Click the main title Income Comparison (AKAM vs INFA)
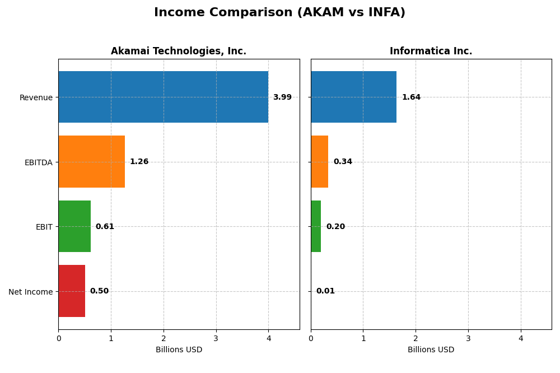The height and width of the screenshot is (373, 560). tap(279, 13)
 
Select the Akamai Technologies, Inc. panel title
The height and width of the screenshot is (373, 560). tap(178, 52)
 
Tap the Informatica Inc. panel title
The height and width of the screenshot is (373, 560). tap(431, 52)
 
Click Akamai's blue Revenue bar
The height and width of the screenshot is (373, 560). tap(163, 97)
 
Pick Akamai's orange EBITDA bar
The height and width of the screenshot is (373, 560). tap(91, 162)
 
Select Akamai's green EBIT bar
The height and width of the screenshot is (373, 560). tap(74, 226)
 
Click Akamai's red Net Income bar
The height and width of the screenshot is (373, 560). tap(72, 291)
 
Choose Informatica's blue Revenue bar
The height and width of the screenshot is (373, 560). tap(353, 97)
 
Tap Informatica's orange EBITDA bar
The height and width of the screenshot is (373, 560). tap(319, 162)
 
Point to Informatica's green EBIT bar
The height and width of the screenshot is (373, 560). tap(316, 226)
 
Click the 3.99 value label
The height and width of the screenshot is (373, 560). tap(282, 97)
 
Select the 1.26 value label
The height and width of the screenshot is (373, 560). tap(139, 162)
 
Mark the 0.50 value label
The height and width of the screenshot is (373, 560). tap(99, 291)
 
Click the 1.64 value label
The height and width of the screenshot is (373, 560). tap(411, 97)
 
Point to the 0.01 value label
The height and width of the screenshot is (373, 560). tap(325, 291)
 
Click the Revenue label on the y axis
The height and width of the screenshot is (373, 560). tap(36, 98)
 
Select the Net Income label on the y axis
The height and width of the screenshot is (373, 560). tap(31, 292)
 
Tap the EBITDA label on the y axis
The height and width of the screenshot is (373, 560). tap(38, 162)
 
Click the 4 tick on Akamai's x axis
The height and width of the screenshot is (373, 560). tap(268, 338)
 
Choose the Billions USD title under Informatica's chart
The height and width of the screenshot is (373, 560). tap(431, 350)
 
